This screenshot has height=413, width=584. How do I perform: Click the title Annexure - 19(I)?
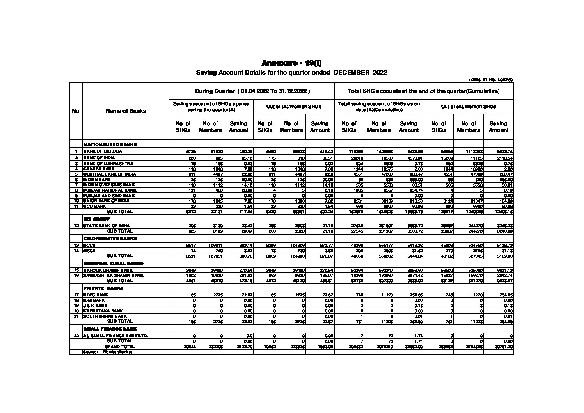pyautogui.click(x=291, y=63)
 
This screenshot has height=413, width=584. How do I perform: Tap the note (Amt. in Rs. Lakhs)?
pyautogui.click(x=490, y=80)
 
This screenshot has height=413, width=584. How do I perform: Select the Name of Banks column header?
pyautogui.click(x=126, y=111)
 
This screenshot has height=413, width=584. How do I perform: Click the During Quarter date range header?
pyautogui.click(x=252, y=91)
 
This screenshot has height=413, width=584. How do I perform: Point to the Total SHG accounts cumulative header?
pyautogui.click(x=423, y=91)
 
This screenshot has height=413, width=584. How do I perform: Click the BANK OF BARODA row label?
pyautogui.click(x=103, y=151)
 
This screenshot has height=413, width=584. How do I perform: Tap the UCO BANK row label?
pyautogui.click(x=95, y=206)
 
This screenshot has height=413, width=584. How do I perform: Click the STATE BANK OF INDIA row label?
pyautogui.click(x=107, y=226)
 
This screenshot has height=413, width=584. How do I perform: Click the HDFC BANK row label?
pyautogui.click(x=96, y=294)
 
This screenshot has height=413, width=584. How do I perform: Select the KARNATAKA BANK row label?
pyautogui.click(x=101, y=311)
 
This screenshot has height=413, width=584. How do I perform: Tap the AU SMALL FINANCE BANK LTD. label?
pyautogui.click(x=115, y=336)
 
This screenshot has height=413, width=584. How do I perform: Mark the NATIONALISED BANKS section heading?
pyautogui.click(x=110, y=144)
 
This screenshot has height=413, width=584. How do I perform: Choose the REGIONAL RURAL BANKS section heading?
pyautogui.click(x=114, y=263)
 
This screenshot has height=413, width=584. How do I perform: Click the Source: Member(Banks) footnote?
pyautogui.click(x=108, y=352)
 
